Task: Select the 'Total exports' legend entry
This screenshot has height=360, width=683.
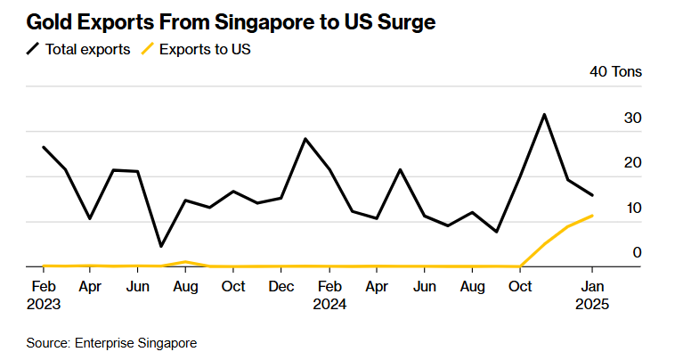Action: [x=79, y=49]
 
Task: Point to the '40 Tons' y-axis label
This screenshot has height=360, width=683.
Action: [x=615, y=72]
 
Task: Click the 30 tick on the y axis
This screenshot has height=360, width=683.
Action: [x=633, y=118]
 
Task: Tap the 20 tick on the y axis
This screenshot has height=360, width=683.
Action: [x=633, y=162]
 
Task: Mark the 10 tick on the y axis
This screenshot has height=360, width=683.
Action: [x=633, y=208]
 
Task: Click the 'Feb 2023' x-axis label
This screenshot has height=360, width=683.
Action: [x=42, y=295]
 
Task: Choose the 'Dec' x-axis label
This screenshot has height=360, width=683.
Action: [x=281, y=286]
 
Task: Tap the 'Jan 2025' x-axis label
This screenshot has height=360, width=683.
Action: [x=592, y=295]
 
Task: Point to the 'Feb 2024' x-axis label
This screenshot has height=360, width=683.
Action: [x=329, y=295]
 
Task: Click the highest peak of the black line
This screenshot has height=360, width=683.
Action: [x=544, y=114]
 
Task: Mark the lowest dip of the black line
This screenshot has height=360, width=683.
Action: [x=161, y=246]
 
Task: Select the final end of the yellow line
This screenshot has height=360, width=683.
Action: [x=592, y=216]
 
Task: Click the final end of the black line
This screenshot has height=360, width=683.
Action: [x=592, y=195]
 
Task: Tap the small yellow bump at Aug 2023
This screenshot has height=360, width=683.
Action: [x=185, y=262]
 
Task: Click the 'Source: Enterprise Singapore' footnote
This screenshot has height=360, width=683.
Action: [x=111, y=342]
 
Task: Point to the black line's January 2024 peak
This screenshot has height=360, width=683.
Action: [x=305, y=139]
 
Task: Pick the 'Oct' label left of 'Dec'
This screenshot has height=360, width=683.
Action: [x=233, y=286]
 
